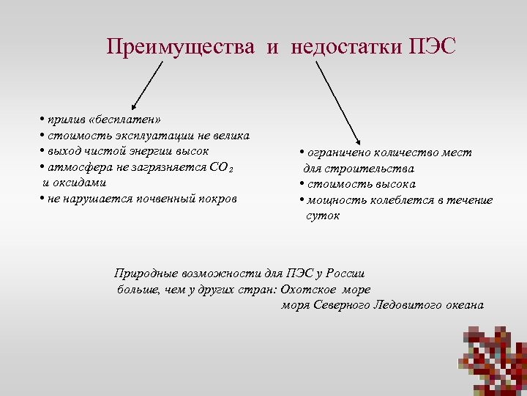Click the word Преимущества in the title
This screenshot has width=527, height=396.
(x=180, y=48)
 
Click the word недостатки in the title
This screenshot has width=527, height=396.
(x=346, y=48)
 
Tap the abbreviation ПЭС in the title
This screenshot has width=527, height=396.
(x=433, y=48)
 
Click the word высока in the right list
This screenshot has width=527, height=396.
(x=392, y=184)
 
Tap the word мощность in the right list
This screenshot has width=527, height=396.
(x=332, y=200)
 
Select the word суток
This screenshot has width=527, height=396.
(x=323, y=216)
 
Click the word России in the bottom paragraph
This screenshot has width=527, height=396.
(x=345, y=274)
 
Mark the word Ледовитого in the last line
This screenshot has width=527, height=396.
(x=404, y=304)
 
